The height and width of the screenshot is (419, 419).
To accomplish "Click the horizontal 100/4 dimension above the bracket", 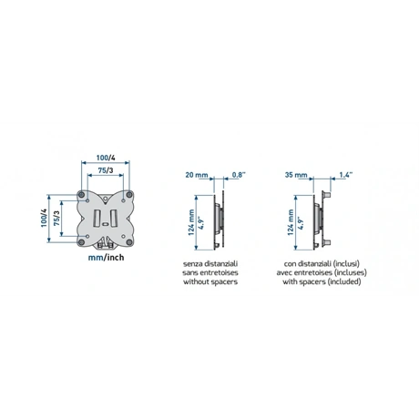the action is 106,158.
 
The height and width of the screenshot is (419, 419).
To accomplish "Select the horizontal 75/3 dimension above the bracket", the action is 106,170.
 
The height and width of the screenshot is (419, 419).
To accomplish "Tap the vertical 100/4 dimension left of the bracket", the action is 44,218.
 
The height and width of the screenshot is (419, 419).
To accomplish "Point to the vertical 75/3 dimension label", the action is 56,218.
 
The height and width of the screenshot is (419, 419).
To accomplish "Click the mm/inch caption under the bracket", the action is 106,258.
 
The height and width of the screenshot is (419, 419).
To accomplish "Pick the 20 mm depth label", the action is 197,175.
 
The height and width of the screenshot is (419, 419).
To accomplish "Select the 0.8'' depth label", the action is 239,175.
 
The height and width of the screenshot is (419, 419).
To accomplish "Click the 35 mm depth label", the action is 296,175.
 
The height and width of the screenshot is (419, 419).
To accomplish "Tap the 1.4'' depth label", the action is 346,175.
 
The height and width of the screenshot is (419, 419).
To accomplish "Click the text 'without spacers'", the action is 210,281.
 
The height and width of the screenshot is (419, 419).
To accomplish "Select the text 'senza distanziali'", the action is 210,263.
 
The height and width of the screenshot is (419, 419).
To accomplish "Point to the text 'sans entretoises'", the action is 210,272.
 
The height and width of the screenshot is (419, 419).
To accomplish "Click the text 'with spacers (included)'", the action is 322,281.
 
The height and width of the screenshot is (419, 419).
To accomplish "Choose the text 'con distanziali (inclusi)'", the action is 322,263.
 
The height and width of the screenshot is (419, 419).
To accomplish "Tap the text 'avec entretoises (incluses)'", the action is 322,272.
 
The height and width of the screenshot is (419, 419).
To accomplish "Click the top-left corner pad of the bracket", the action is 81,194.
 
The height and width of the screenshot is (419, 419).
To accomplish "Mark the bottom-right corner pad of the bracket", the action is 129,242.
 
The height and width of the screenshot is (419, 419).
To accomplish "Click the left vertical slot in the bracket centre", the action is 97,218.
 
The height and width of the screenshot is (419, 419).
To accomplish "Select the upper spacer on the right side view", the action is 326,194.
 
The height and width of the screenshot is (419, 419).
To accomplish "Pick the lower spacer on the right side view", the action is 326,242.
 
